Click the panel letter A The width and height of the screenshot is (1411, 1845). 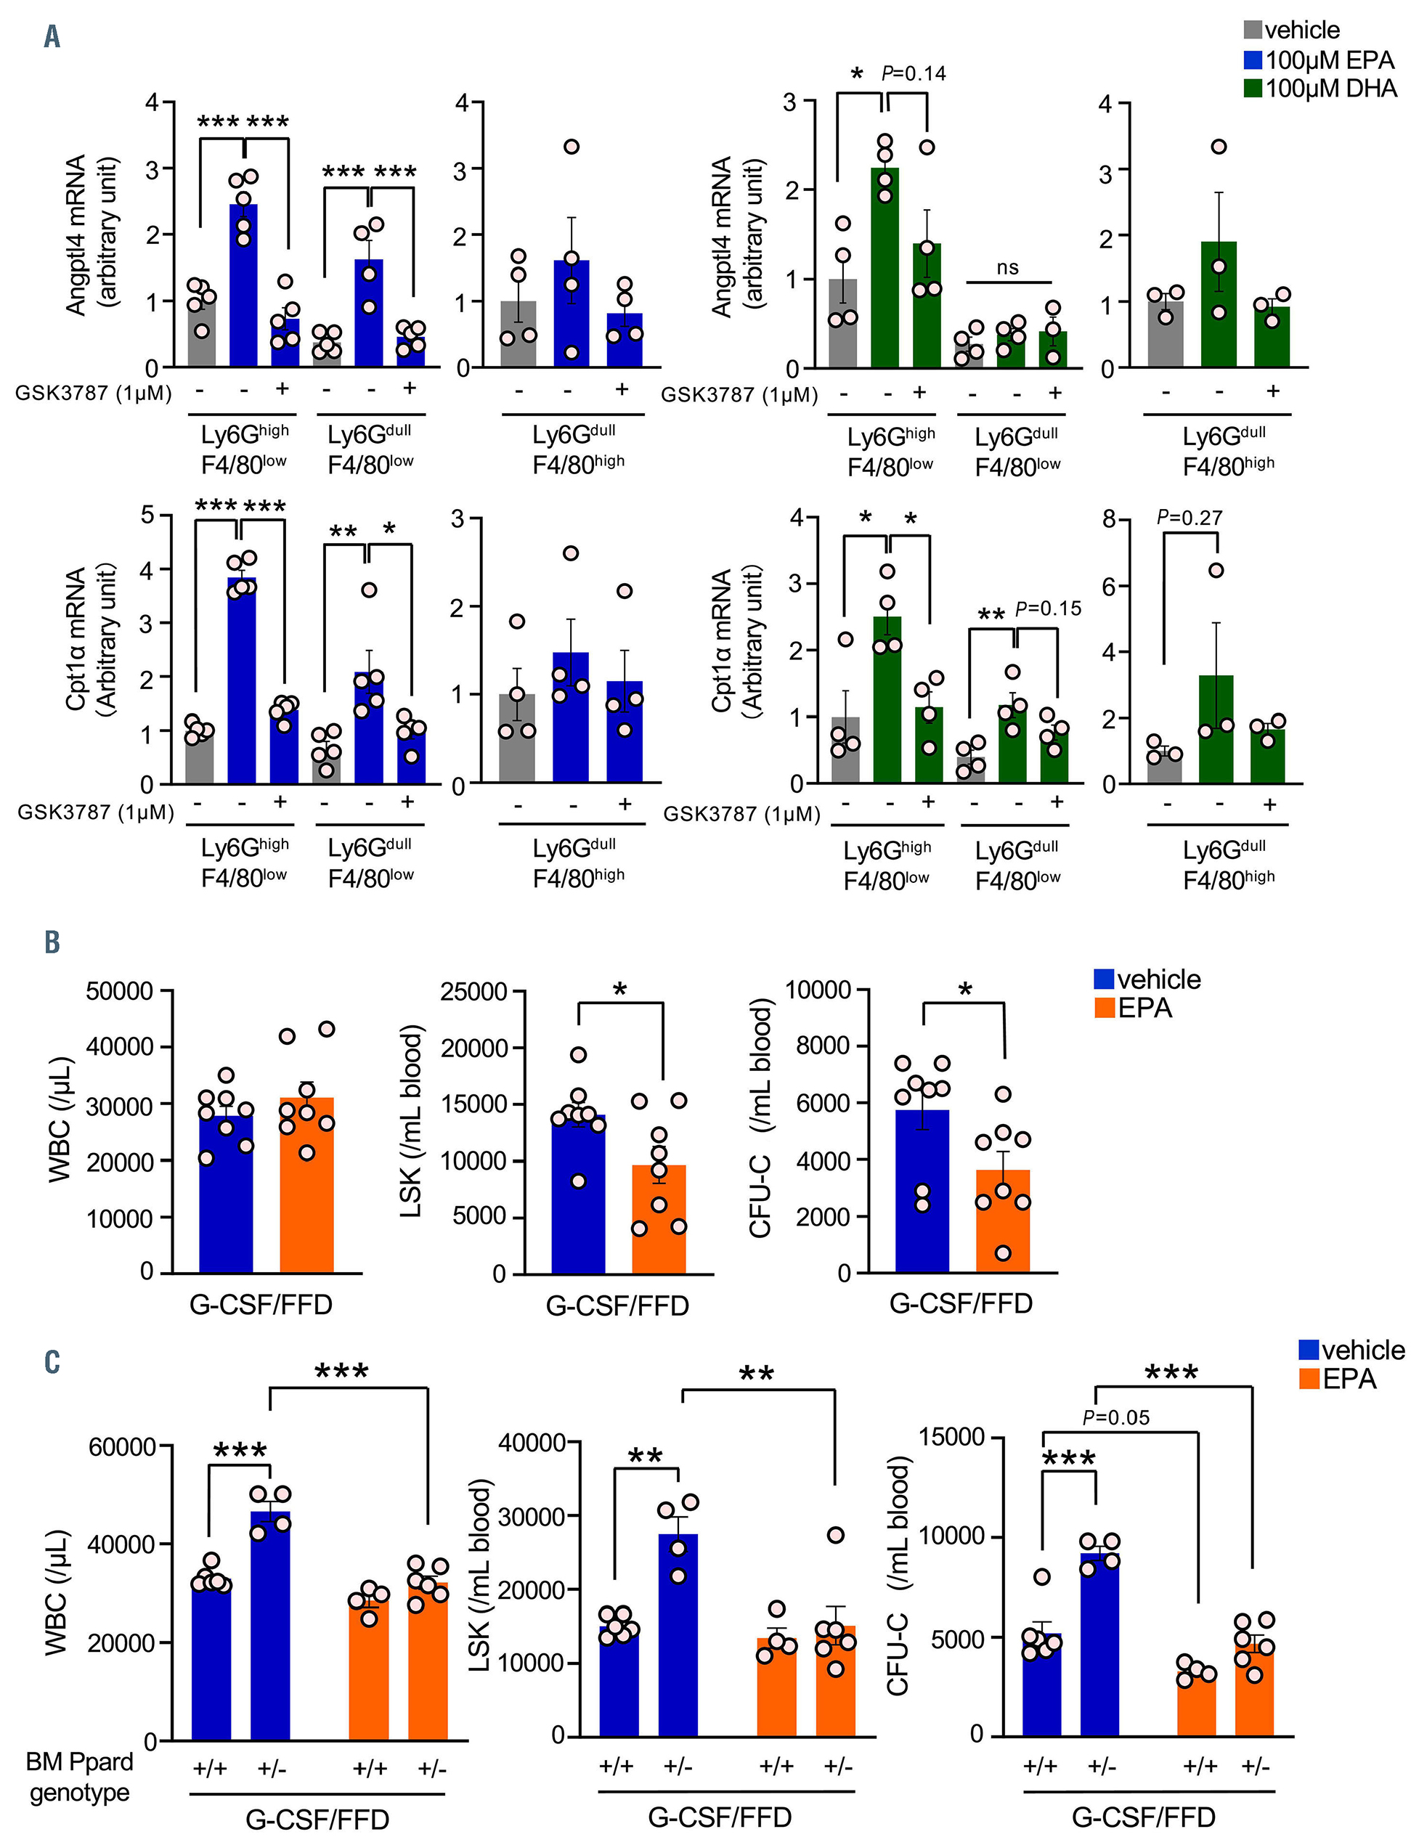click(x=52, y=37)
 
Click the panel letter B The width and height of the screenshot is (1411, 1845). click(x=52, y=942)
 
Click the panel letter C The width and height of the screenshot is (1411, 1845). click(x=52, y=1361)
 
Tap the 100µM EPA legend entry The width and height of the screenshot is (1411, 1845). click(x=1319, y=60)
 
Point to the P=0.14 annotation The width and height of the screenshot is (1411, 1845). click(x=914, y=73)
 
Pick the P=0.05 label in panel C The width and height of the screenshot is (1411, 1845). click(x=1116, y=1417)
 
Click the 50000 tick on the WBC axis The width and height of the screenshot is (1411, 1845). click(x=119, y=991)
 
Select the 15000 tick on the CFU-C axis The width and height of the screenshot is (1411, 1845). click(x=951, y=1437)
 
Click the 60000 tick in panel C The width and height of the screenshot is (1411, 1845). click(x=122, y=1446)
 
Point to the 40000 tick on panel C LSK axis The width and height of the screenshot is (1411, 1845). click(x=532, y=1443)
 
